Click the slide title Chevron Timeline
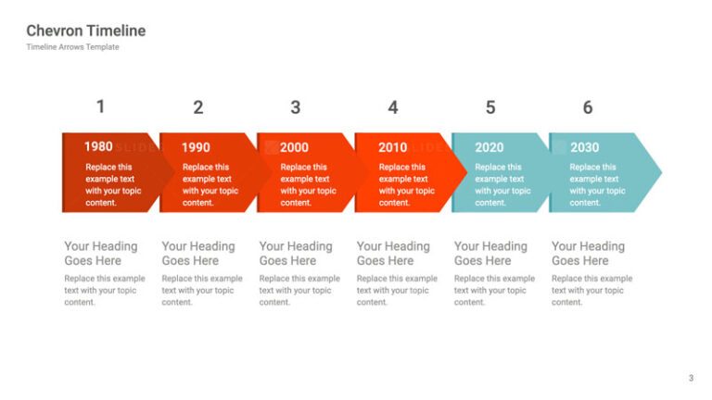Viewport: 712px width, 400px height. tap(85, 31)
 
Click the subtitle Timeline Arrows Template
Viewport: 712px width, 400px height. tap(72, 47)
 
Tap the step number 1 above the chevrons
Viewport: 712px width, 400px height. tap(101, 106)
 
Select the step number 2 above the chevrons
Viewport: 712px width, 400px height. tap(197, 107)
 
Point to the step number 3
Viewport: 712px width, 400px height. tap(295, 107)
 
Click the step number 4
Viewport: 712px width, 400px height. tap(393, 107)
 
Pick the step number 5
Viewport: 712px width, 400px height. tap(490, 107)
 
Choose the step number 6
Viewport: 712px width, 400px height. tap(588, 107)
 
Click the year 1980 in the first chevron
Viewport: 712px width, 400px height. tap(98, 146)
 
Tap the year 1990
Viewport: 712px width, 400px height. tap(196, 147)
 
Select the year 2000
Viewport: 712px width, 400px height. tap(294, 147)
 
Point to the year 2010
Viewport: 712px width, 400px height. tap(392, 147)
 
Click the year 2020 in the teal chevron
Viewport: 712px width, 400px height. tap(489, 147)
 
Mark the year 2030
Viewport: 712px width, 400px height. tap(584, 147)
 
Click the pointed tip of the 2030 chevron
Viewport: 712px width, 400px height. tap(658, 172)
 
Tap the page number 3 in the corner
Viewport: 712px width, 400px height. tap(691, 378)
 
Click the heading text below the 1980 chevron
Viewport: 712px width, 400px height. tap(100, 253)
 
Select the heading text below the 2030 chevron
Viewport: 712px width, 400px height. tap(588, 253)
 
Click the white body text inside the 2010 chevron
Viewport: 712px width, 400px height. tap(406, 185)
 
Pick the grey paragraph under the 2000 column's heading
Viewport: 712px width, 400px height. tap(299, 290)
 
